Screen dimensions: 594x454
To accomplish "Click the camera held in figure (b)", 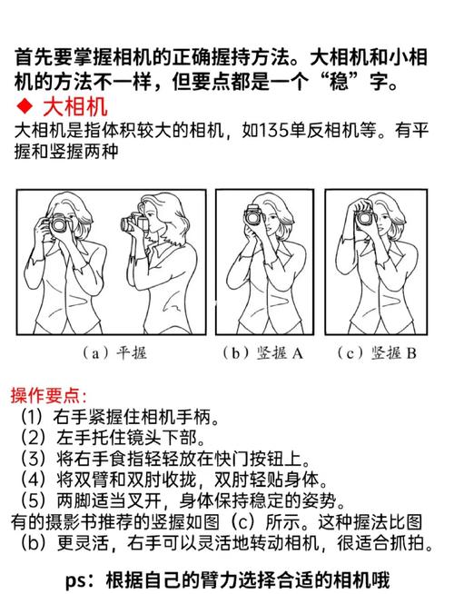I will (253, 216).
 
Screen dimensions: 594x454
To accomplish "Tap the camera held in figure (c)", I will (365, 217).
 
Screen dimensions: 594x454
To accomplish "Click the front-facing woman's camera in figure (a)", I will (59, 223).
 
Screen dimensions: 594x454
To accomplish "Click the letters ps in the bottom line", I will (79, 579).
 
